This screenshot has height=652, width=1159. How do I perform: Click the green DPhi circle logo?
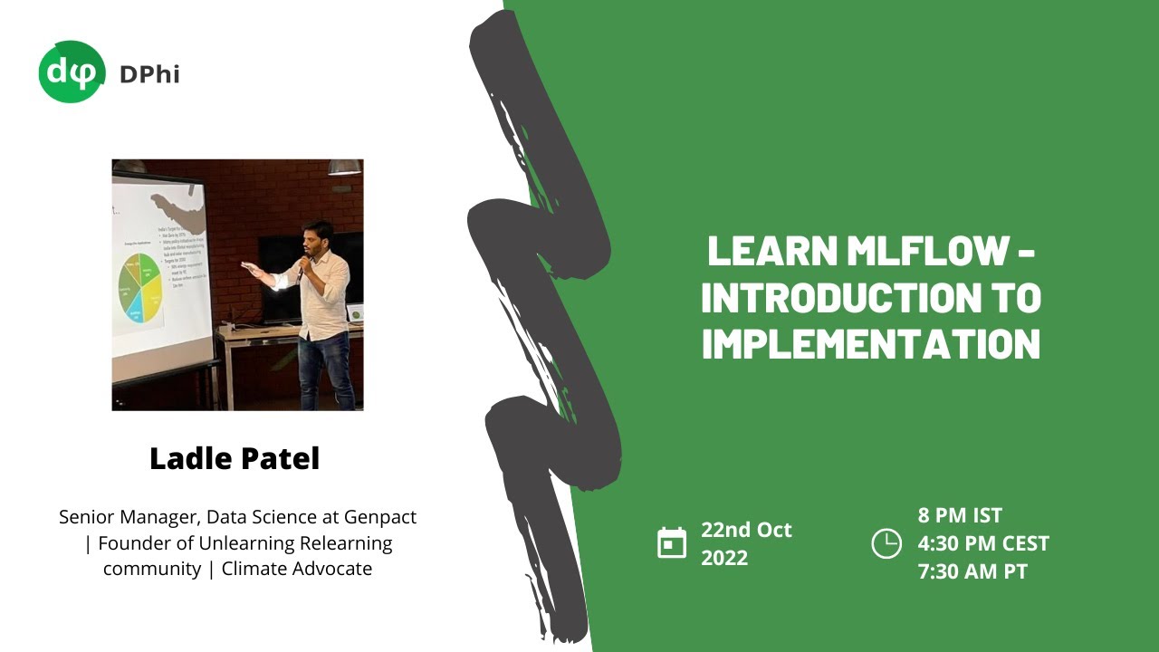click(72, 72)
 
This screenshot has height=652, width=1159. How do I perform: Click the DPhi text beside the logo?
click(149, 73)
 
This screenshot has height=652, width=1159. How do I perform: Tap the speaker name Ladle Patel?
click(235, 458)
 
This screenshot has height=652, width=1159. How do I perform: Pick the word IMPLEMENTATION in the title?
click(871, 344)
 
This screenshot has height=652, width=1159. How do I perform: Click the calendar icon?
click(672, 542)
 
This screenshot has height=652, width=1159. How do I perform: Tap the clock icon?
click(886, 542)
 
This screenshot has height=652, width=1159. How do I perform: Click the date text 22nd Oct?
click(746, 530)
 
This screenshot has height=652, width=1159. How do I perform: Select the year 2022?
click(724, 558)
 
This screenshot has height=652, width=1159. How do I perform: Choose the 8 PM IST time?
click(960, 515)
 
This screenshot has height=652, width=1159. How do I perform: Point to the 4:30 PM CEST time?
click(983, 543)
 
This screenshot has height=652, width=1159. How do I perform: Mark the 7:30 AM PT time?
click(972, 571)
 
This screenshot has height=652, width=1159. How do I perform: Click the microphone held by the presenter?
click(302, 268)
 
